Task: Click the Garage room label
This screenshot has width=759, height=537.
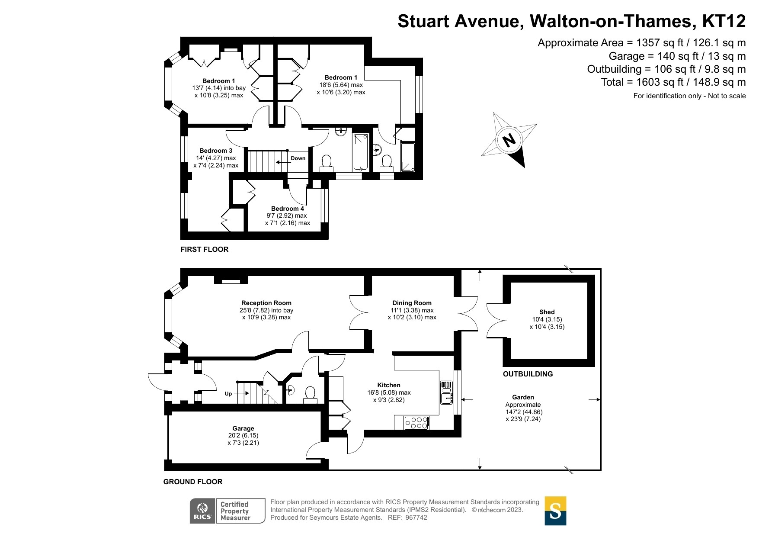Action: point(243,428)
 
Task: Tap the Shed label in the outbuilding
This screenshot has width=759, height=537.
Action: point(547,312)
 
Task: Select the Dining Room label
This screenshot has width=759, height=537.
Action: point(412,303)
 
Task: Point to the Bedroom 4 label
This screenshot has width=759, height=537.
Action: point(288,209)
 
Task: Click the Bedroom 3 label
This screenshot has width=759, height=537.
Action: point(216,151)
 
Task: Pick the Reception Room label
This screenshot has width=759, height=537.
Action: point(266,303)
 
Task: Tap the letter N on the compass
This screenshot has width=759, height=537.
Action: point(509,140)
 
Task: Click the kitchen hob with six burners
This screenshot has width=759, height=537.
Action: point(416,423)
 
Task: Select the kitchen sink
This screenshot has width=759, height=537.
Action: point(446,392)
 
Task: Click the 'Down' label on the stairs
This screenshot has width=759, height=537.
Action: point(298,158)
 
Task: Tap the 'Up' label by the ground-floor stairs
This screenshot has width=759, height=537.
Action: point(228,394)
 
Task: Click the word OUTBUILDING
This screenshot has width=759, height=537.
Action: point(528,374)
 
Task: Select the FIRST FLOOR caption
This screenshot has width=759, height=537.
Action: point(204,249)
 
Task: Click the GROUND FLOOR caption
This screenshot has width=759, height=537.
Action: point(193,482)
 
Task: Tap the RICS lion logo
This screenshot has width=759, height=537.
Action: point(202,511)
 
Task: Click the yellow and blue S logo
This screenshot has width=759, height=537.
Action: point(555,511)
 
